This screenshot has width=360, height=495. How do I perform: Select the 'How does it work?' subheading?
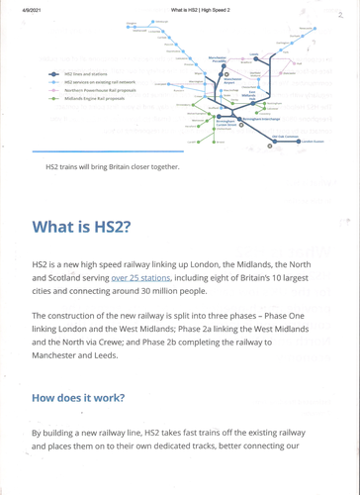coord(78,397)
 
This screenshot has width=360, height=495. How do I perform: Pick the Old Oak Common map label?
coord(280,138)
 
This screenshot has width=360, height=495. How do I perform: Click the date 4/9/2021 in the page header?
coord(18,9)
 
